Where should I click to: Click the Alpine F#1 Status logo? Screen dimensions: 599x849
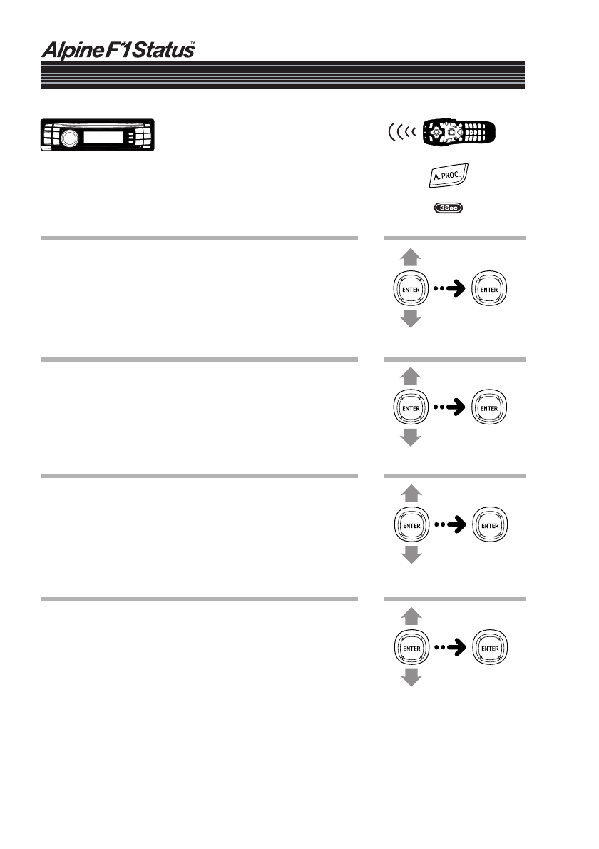[117, 51]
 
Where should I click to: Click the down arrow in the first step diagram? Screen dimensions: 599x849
[410, 318]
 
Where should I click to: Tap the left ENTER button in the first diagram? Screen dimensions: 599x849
[410, 289]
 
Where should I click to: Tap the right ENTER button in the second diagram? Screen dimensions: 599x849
[489, 407]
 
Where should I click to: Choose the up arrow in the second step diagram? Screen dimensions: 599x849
[410, 377]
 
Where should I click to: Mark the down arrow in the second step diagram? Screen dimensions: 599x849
[410, 437]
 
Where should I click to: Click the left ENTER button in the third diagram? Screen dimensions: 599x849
[410, 525]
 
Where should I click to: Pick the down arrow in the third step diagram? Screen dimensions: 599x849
[410, 555]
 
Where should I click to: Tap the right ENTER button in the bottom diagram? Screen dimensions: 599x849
[489, 647]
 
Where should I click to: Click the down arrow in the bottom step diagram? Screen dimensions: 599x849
[410, 677]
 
